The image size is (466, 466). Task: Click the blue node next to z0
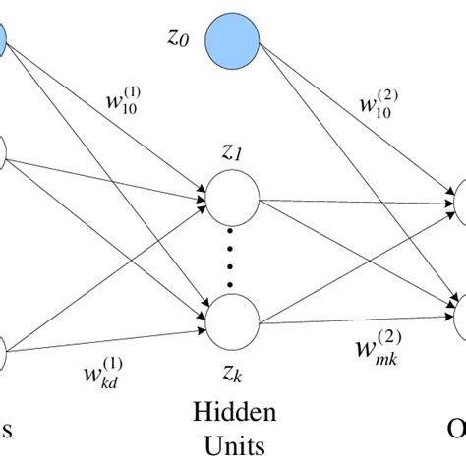(x=232, y=42)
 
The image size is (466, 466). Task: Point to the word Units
(x=233, y=445)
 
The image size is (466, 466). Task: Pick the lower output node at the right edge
(x=459, y=313)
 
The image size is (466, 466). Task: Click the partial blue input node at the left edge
(x=3, y=40)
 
